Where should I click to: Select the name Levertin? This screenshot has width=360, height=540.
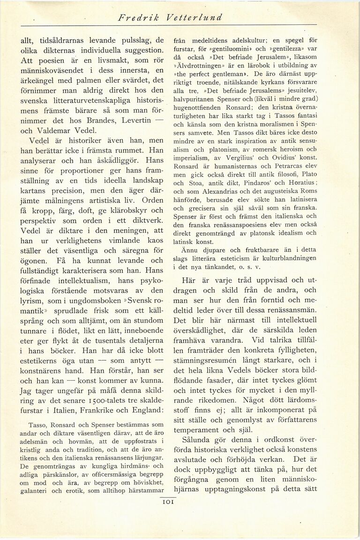tap(135, 120)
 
